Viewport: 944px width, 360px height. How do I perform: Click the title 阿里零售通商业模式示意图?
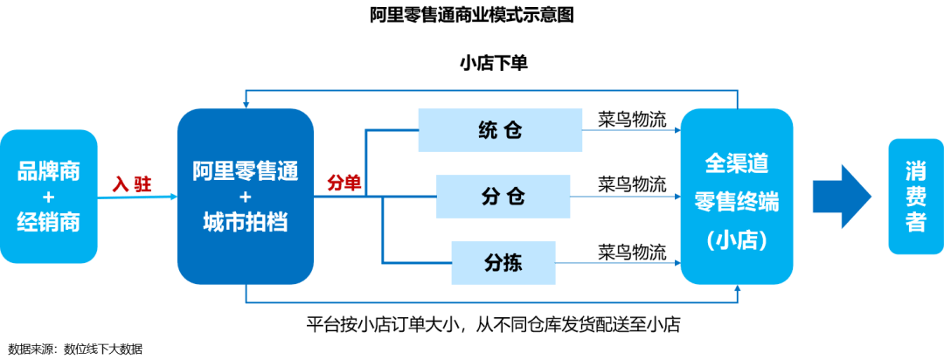pyautogui.click(x=472, y=16)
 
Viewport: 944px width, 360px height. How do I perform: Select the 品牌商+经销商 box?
pyautogui.click(x=49, y=197)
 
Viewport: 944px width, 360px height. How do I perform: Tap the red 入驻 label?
pyautogui.click(x=132, y=183)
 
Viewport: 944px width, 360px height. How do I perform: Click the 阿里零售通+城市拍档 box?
pyautogui.click(x=245, y=197)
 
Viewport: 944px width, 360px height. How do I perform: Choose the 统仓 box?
pyautogui.click(x=500, y=130)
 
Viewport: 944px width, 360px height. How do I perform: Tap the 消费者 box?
pyautogui.click(x=915, y=197)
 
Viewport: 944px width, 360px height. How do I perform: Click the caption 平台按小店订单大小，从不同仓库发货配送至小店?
pyautogui.click(x=493, y=324)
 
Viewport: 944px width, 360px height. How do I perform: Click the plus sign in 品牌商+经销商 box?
pyautogui.click(x=49, y=197)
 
